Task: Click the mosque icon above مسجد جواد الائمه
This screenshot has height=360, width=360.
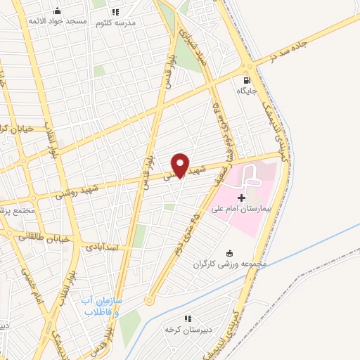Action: coord(58,11)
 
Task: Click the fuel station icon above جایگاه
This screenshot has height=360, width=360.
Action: coord(246,80)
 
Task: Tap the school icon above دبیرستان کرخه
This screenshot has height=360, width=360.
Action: coord(186,318)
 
